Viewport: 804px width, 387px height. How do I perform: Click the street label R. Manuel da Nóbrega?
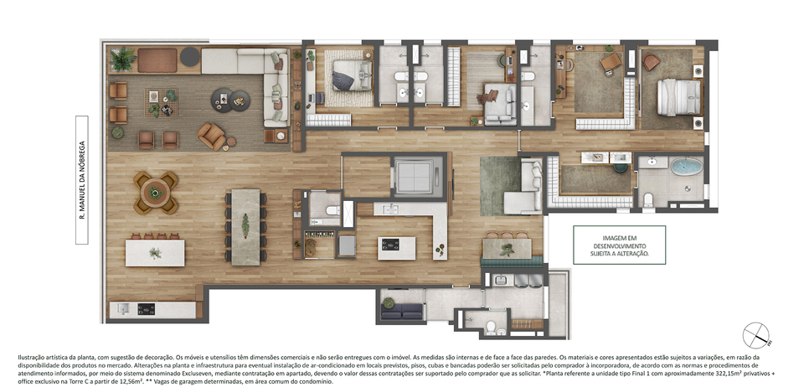point(81,180)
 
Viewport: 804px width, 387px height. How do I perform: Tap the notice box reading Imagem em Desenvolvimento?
point(619,245)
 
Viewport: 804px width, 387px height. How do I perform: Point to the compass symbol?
point(755,335)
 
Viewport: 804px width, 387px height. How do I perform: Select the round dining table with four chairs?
point(155,193)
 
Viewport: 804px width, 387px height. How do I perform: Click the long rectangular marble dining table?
point(245,227)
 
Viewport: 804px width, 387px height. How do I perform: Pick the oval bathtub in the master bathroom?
point(687,167)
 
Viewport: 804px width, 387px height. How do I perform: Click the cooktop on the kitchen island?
point(390,245)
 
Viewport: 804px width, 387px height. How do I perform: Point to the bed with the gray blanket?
point(349,76)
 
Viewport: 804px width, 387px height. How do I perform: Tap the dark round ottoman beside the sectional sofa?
point(190,57)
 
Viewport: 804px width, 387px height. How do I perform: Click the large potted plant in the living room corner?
point(123,59)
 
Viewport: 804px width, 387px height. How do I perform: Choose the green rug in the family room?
point(500,186)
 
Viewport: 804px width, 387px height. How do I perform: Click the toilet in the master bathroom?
point(647,199)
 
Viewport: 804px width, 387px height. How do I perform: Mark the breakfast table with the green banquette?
point(508,249)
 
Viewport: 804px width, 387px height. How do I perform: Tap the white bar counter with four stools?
point(155,253)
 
